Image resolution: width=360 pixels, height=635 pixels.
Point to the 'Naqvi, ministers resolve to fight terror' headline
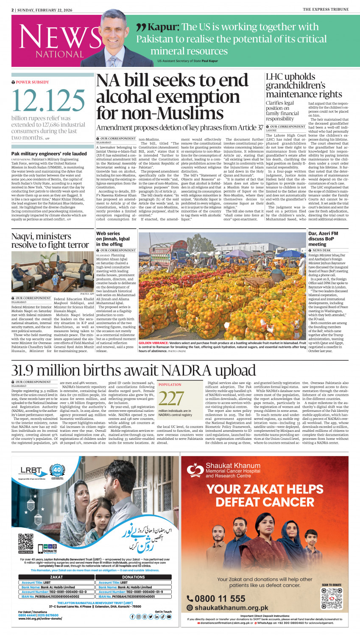50,241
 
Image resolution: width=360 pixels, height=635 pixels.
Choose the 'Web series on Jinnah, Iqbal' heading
113,239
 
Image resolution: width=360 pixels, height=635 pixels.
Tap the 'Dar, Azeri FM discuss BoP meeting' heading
323,239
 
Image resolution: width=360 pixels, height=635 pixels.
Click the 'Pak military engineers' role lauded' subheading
49,154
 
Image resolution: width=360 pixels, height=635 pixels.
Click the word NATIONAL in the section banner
59,54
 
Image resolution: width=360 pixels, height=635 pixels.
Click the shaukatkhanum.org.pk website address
231,608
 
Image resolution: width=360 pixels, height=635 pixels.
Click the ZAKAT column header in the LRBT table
56,577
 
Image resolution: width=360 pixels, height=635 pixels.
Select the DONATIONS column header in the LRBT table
133,577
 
